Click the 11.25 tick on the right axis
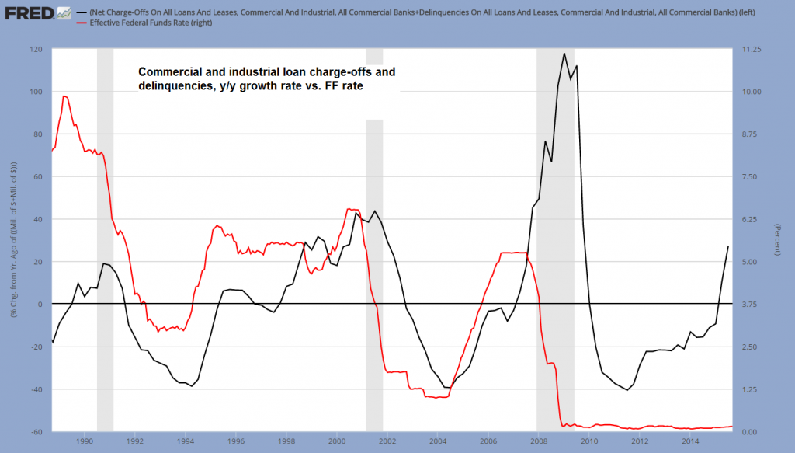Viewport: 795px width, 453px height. point(752,50)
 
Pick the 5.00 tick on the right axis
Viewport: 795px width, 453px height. point(750,262)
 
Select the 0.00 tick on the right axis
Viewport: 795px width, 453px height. point(750,431)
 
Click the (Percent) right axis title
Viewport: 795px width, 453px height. point(776,240)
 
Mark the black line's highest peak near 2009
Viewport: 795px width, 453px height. point(564,53)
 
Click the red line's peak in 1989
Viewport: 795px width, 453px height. point(64,96)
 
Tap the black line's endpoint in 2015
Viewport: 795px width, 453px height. point(728,246)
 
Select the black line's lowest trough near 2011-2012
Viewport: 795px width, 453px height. point(627,390)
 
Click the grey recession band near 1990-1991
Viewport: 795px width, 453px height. point(105,233)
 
